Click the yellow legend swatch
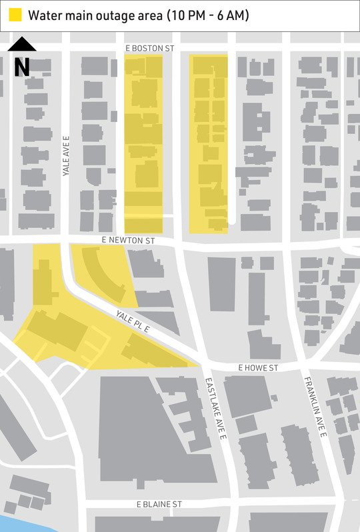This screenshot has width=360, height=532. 15,15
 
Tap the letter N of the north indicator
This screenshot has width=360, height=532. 22,66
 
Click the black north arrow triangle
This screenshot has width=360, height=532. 22,45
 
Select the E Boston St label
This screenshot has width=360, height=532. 150,49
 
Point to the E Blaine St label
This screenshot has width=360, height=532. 159,505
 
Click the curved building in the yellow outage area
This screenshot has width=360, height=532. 106,273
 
